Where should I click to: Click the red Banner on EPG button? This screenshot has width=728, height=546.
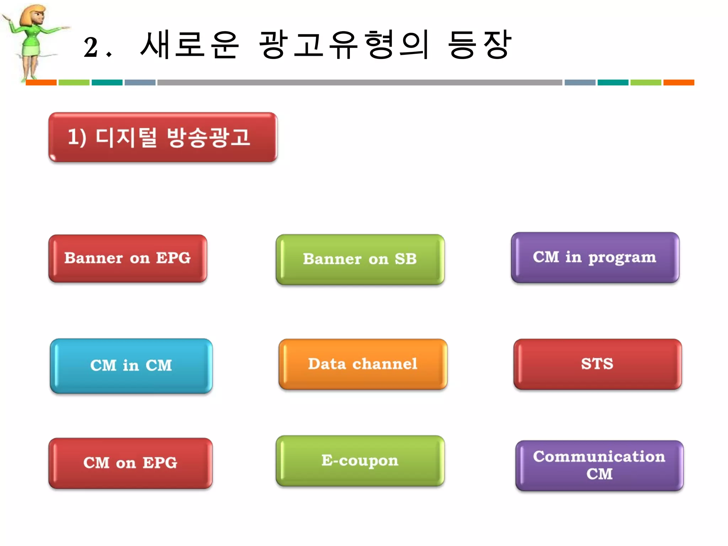(x=128, y=258)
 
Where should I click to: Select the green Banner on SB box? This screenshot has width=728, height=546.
(x=360, y=259)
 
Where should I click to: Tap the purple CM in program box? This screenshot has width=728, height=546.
(x=595, y=258)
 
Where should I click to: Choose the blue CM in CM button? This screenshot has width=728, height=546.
(x=131, y=366)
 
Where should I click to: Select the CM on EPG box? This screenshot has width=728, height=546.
(x=130, y=463)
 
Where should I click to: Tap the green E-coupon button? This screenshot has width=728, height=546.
(x=360, y=461)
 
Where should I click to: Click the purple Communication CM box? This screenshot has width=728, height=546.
(x=599, y=466)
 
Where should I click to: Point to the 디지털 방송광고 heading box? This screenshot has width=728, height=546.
(x=163, y=138)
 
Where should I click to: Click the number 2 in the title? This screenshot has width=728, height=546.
(x=91, y=47)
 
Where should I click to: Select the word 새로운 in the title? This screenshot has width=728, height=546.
(x=189, y=45)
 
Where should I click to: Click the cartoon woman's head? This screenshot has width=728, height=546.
(x=34, y=16)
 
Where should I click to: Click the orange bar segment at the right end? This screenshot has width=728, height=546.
(x=678, y=82)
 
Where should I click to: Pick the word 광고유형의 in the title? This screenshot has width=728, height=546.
(x=344, y=45)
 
